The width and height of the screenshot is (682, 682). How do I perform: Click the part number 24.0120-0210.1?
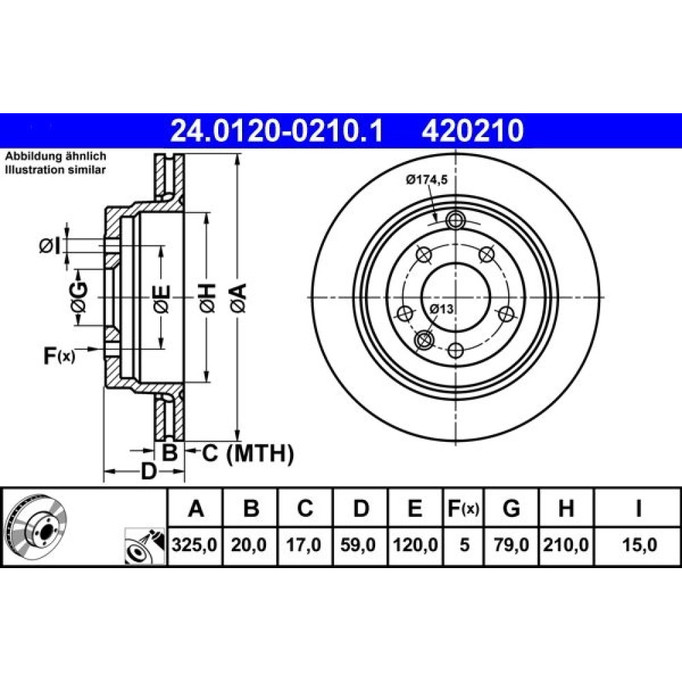(277, 131)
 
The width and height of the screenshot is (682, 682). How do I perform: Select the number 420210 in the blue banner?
(473, 131)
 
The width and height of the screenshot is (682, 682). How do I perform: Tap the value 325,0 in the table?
(194, 545)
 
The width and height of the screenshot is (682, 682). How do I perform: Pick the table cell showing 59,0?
(358, 545)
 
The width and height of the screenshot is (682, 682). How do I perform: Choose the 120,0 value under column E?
(415, 545)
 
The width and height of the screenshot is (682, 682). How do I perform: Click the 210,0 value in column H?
(566, 545)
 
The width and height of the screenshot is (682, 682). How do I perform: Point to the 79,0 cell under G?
(512, 545)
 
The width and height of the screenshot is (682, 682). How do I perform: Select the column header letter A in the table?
(196, 508)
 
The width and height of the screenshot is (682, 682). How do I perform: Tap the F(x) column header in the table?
(463, 508)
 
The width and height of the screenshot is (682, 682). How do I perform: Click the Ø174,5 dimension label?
(427, 179)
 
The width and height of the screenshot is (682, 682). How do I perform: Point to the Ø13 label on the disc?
(442, 309)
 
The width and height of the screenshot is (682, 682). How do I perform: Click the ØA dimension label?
(239, 297)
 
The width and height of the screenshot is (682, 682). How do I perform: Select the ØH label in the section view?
(208, 297)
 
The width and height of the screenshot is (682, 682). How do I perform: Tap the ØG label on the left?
(78, 297)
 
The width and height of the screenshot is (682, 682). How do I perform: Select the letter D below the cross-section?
(148, 471)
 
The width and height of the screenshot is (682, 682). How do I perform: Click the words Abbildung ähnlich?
(55, 156)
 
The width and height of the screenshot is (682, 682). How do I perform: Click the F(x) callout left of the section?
(59, 356)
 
